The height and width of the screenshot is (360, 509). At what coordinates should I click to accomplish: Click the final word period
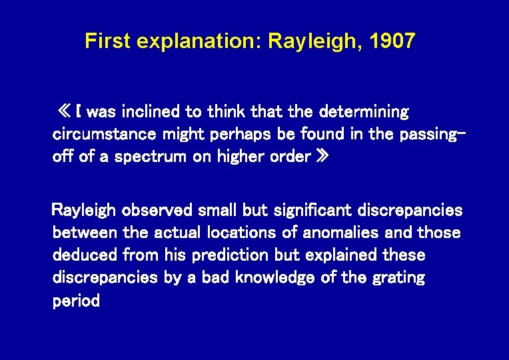click(76, 301)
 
